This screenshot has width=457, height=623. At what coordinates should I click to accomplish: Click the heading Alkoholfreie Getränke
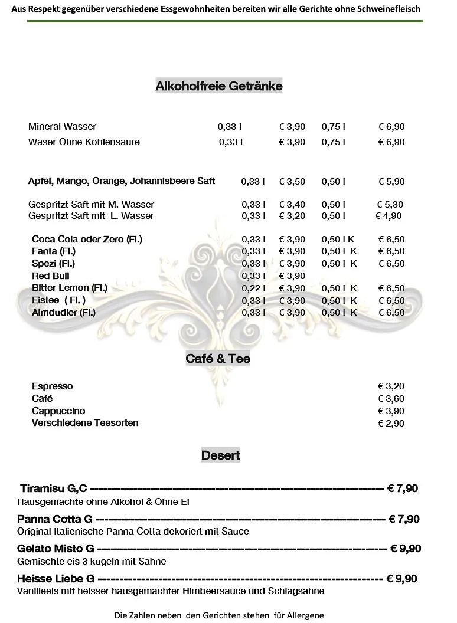[219, 86]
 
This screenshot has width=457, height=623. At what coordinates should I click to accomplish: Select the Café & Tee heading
[218, 359]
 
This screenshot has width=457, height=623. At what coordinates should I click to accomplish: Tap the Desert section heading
[220, 455]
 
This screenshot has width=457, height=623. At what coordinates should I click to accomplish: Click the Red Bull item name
[51, 276]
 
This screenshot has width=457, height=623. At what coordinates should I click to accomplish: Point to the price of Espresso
[391, 386]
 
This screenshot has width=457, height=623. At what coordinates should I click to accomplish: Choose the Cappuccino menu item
[58, 411]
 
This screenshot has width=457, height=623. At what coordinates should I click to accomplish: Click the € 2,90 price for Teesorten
[391, 424]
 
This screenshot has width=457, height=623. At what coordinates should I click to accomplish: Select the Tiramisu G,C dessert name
[54, 488]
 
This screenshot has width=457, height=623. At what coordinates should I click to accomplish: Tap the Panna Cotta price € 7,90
[404, 519]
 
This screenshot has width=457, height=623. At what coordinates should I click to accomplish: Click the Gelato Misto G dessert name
[56, 549]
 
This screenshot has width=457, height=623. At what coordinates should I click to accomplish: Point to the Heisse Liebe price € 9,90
[401, 579]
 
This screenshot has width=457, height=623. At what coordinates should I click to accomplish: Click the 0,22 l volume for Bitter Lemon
[253, 288]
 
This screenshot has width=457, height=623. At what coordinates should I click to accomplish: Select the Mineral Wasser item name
[62, 127]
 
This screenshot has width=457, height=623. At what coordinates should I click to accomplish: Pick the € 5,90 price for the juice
[391, 182]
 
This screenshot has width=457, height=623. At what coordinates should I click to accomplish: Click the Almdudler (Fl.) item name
[64, 313]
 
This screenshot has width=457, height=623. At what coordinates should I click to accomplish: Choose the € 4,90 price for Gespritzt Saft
[389, 216]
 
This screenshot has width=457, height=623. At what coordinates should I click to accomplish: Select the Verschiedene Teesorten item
[85, 424]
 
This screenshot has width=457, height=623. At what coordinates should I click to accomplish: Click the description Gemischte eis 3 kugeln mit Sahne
[92, 562]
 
